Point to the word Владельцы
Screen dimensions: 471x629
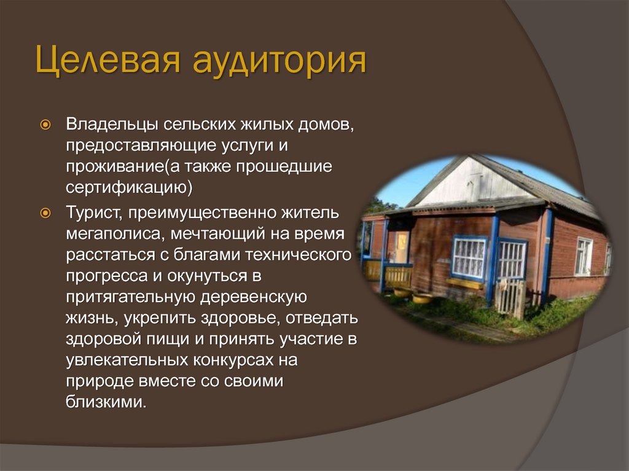pyautogui.click(x=111, y=125)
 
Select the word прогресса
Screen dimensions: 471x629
pyautogui.click(x=102, y=276)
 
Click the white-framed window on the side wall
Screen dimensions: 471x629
pyautogui.click(x=583, y=256)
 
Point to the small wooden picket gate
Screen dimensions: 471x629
pyautogui.click(x=509, y=298)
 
